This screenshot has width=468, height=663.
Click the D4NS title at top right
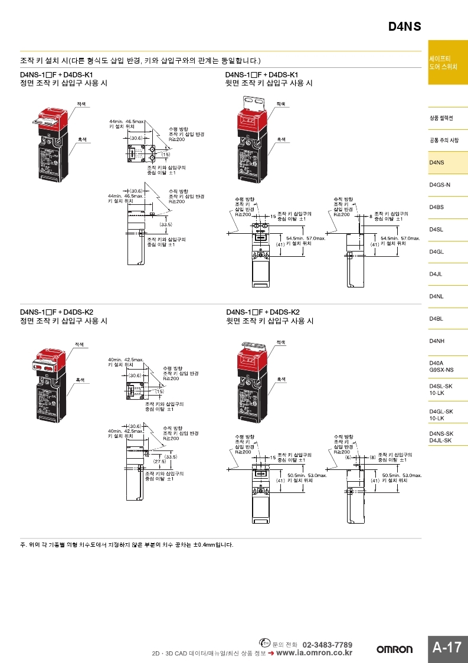coord(404,27)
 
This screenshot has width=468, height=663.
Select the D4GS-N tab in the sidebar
coord(440,185)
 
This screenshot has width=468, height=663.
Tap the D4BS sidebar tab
coord(437,207)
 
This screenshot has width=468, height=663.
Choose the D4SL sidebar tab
coord(437,229)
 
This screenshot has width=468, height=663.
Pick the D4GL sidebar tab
coord(437,252)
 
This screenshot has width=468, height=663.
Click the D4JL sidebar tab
coord(437,274)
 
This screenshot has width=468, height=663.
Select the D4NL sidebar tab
coord(437,296)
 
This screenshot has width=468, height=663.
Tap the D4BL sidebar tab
coord(437,319)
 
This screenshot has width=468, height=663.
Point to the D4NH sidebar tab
coord(437,341)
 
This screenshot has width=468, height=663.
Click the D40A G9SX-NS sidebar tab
coord(441,366)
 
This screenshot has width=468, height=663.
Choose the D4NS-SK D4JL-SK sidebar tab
coord(441,437)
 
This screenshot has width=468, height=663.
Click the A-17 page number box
coord(447,647)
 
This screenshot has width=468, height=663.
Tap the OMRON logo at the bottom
coord(395,649)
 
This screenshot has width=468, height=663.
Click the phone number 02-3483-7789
coord(328,644)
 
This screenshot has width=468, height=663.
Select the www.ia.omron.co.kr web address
coord(314,653)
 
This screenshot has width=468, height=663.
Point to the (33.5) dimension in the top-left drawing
coord(166,224)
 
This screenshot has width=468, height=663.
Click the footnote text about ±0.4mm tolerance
coord(127,544)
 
